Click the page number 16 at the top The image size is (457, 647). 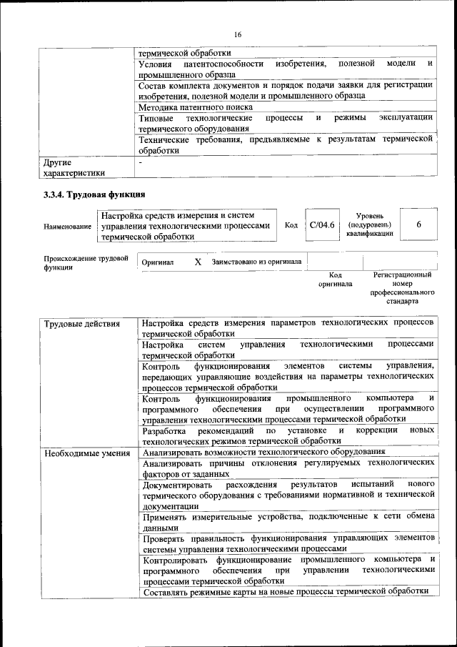click(238, 34)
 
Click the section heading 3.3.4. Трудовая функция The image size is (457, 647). click(94, 194)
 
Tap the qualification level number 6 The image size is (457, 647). click(419, 224)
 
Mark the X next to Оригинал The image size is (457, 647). click(198, 262)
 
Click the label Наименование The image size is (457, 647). click(67, 226)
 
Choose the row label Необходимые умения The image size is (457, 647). click(86, 453)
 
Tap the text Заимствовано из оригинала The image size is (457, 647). click(256, 262)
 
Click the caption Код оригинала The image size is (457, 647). click(336, 280)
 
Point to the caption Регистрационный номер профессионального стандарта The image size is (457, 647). click(403, 288)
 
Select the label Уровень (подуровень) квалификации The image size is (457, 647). click(371, 224)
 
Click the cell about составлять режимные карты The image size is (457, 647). click(285, 591)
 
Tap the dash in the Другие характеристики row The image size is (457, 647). click(141, 162)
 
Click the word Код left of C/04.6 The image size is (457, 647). click(291, 224)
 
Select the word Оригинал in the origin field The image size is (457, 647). click(158, 262)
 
